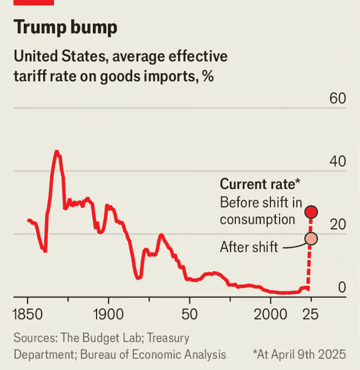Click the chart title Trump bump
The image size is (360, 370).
pos(65,28)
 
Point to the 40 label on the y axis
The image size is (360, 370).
pos(338,161)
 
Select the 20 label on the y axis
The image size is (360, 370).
pos(338,224)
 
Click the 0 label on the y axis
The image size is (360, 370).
pos(342,287)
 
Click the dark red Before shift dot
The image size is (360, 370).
pos(311,212)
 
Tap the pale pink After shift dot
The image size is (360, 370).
pos(311,239)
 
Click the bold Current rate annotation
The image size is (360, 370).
pos(260,184)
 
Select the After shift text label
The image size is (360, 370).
pos(249,246)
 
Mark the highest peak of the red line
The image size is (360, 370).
pos(57,151)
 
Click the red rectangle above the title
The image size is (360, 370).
pos(34,2)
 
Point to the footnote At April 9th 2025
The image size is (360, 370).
pos(299,354)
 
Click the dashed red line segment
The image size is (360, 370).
pos(310,264)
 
